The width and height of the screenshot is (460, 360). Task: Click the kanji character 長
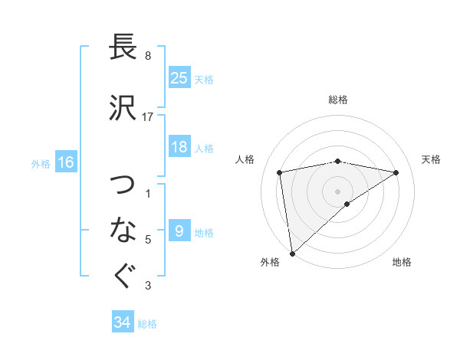click(x=123, y=47)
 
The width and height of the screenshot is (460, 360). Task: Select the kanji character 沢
click(x=123, y=108)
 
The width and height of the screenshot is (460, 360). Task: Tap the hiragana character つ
click(x=123, y=185)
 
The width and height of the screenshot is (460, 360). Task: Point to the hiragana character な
click(x=123, y=228)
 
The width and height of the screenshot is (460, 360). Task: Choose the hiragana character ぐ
click(x=123, y=277)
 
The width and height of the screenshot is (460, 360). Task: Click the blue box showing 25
click(x=179, y=77)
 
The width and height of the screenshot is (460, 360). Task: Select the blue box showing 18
click(x=179, y=147)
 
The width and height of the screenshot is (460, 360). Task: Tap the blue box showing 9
click(x=179, y=231)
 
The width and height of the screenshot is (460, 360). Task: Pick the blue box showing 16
click(x=65, y=162)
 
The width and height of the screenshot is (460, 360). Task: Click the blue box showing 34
click(x=123, y=322)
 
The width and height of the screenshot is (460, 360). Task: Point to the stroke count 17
click(x=148, y=116)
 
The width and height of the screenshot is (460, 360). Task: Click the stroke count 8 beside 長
click(x=147, y=55)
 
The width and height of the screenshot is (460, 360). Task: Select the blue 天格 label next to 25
click(x=203, y=79)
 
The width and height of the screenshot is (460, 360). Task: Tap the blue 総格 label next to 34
click(x=147, y=324)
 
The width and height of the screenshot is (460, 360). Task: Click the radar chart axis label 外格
click(x=270, y=262)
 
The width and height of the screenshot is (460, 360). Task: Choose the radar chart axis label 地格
click(x=402, y=262)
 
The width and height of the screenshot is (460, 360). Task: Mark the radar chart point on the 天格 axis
click(x=396, y=172)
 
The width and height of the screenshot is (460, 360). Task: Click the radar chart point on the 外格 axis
click(x=292, y=253)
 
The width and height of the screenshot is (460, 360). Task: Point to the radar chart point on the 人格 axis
click(x=280, y=172)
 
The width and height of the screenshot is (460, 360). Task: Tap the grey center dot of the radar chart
click(x=337, y=190)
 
